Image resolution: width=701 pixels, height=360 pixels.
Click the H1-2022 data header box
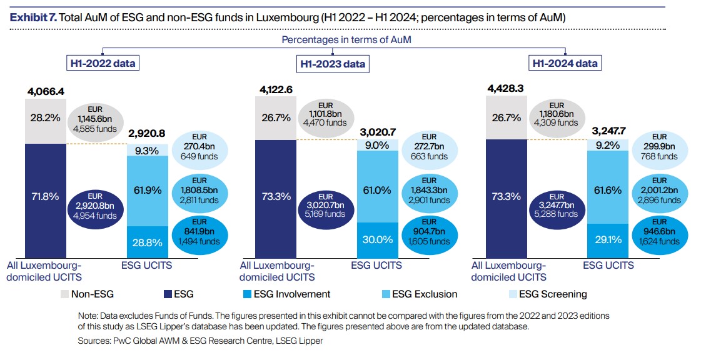tap(103, 63)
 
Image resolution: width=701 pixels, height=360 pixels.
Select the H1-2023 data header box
tap(332, 64)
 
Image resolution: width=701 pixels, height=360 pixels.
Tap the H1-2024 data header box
tap(563, 63)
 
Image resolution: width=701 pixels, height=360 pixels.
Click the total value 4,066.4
tap(46, 91)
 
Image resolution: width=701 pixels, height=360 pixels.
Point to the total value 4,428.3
tap(506, 88)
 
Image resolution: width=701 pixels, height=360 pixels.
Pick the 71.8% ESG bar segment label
tap(45, 196)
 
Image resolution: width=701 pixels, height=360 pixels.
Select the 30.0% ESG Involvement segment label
tap(378, 239)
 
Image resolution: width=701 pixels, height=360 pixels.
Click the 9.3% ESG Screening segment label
tap(147, 150)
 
